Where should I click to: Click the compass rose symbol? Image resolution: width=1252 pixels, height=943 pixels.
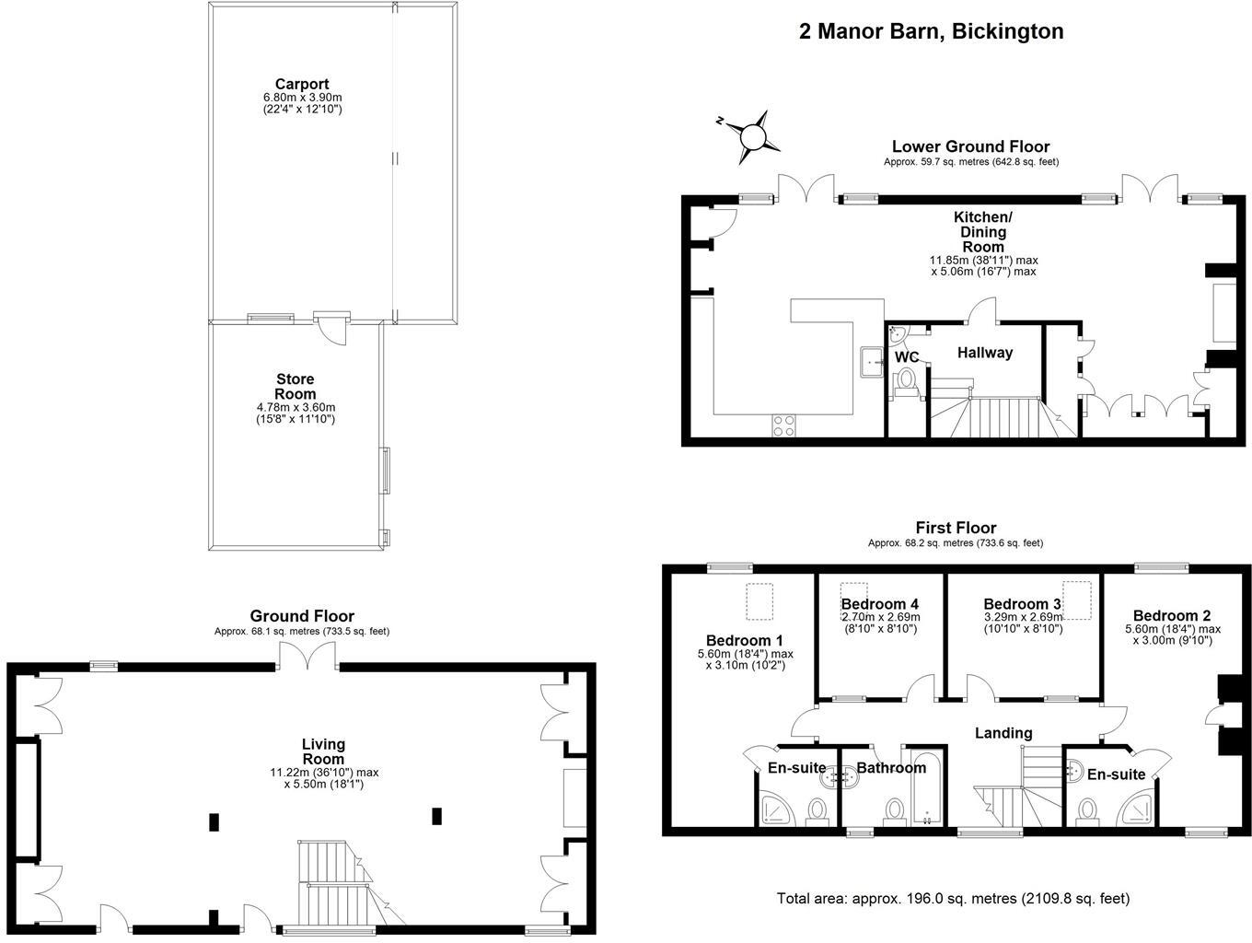751,137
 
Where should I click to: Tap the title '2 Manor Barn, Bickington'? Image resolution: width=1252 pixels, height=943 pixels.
931,31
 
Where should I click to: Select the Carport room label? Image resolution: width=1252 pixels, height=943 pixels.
302,85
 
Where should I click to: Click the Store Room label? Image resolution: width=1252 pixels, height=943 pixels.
295,386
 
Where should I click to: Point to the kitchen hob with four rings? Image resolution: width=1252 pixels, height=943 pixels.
783,425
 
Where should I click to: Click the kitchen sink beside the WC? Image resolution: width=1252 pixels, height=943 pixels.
871,361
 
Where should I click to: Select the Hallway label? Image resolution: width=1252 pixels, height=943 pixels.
984,353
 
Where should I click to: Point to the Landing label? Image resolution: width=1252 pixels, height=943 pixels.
1003,733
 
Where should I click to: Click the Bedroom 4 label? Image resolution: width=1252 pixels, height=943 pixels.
879,603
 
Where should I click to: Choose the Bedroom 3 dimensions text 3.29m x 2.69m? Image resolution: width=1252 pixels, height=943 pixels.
1023,617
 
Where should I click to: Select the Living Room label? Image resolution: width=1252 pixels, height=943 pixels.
323,751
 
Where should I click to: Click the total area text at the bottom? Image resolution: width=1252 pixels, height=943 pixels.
953,899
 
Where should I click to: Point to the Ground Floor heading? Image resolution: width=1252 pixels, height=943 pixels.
302,616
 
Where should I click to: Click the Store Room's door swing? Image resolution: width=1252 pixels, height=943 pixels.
333,332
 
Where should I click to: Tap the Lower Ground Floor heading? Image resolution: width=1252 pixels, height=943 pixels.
971,146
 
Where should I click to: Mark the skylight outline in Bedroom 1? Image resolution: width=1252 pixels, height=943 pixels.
759,601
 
